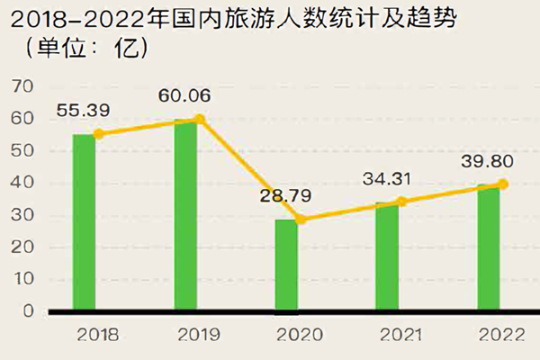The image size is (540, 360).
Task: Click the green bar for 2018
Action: (x=84, y=222)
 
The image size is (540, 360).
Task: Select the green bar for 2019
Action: (x=185, y=215)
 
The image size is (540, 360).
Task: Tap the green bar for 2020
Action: (x=286, y=265)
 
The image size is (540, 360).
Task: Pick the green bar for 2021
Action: (x=387, y=256)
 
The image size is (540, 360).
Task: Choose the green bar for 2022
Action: (x=489, y=247)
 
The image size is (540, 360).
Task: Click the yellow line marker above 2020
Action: (x=301, y=220)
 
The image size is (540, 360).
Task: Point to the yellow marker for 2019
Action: (x=200, y=119)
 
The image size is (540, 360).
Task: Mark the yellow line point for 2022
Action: (x=503, y=184)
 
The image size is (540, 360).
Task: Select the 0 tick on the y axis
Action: (x=27, y=311)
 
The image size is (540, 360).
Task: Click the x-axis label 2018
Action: (x=99, y=335)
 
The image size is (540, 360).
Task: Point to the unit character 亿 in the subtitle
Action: (x=129, y=47)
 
